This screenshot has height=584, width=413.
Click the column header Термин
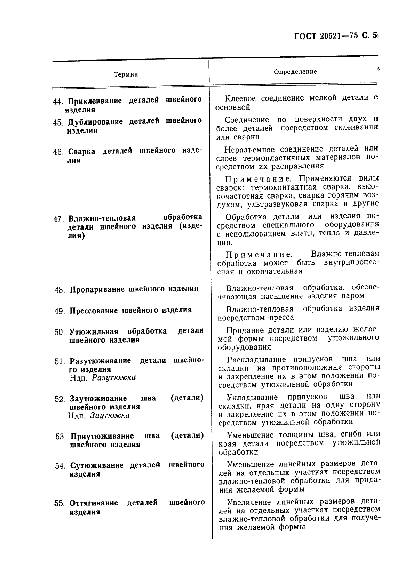click(126, 74)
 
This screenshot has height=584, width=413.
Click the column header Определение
click(295, 72)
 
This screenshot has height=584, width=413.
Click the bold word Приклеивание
click(95, 101)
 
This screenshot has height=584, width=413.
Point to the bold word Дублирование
click(95, 122)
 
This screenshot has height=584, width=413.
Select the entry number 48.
click(59, 290)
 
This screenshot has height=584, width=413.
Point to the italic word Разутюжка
click(114, 377)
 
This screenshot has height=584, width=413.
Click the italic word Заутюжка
click(110, 415)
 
